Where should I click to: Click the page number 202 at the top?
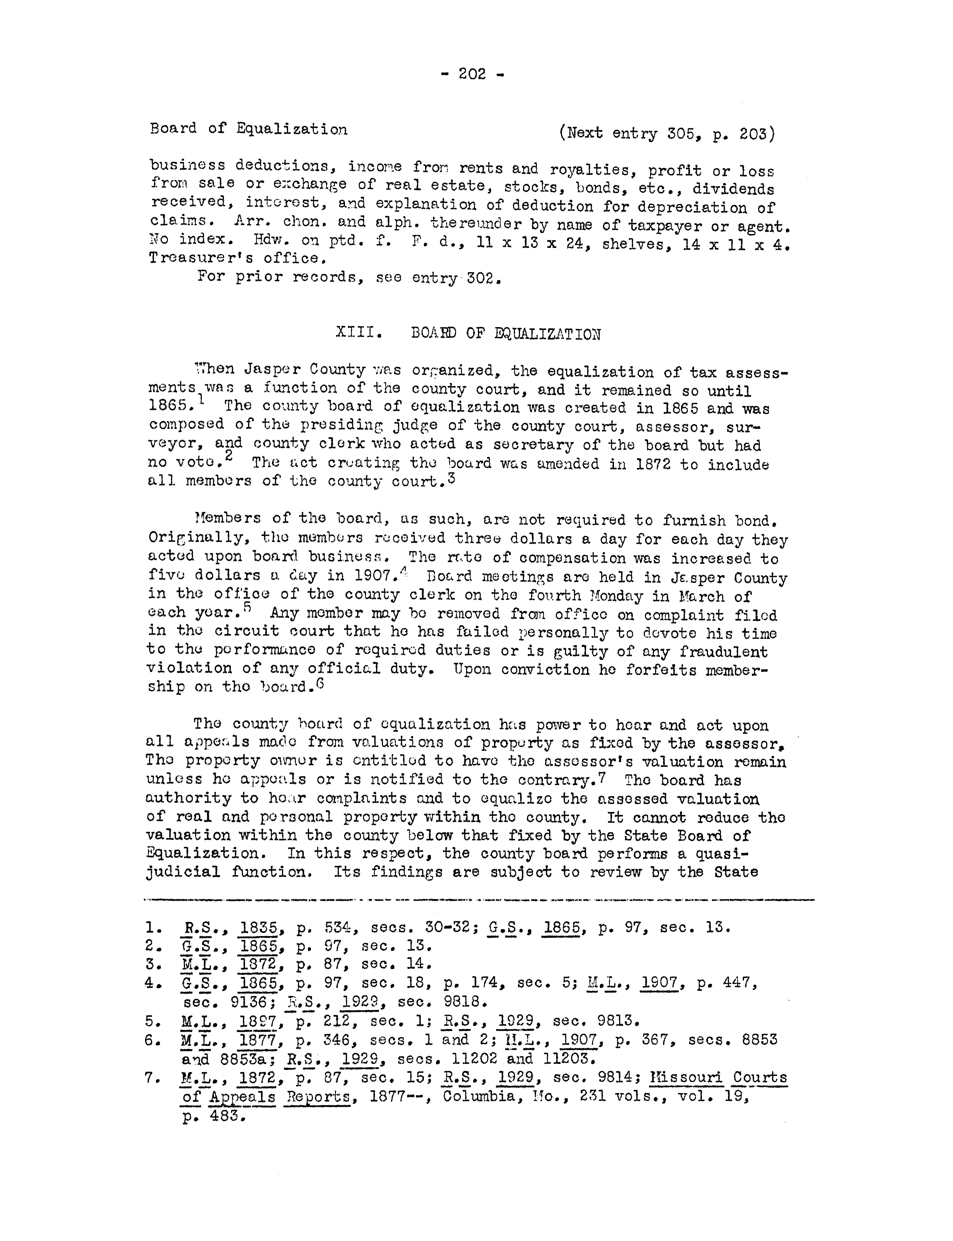(472, 74)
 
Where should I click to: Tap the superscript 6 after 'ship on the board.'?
(320, 683)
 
